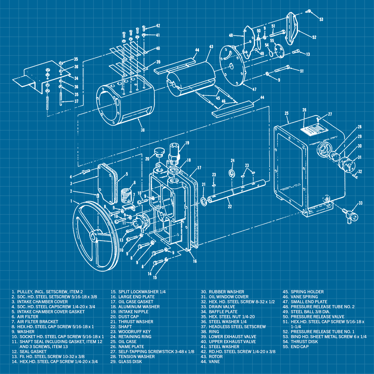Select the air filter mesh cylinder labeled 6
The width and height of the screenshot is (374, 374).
pos(126,195)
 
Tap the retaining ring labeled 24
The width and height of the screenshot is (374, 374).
pos(232,173)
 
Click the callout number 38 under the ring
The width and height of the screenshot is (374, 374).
pos(142,130)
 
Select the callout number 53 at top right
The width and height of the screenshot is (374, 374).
pos(321,19)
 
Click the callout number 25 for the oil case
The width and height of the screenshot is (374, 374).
pos(286,113)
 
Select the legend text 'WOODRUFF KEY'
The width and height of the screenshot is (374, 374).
pos(134,332)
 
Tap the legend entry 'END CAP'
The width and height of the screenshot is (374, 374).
pos(300,347)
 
